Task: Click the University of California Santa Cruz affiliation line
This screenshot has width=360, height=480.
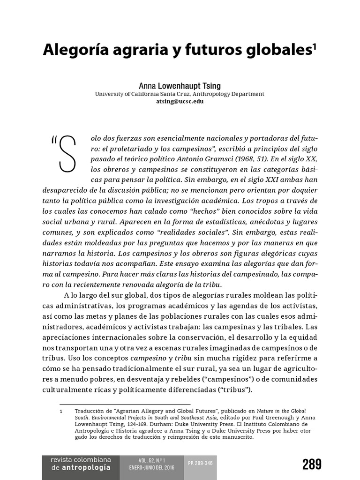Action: point(180,94)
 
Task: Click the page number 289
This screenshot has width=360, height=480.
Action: point(312,464)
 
